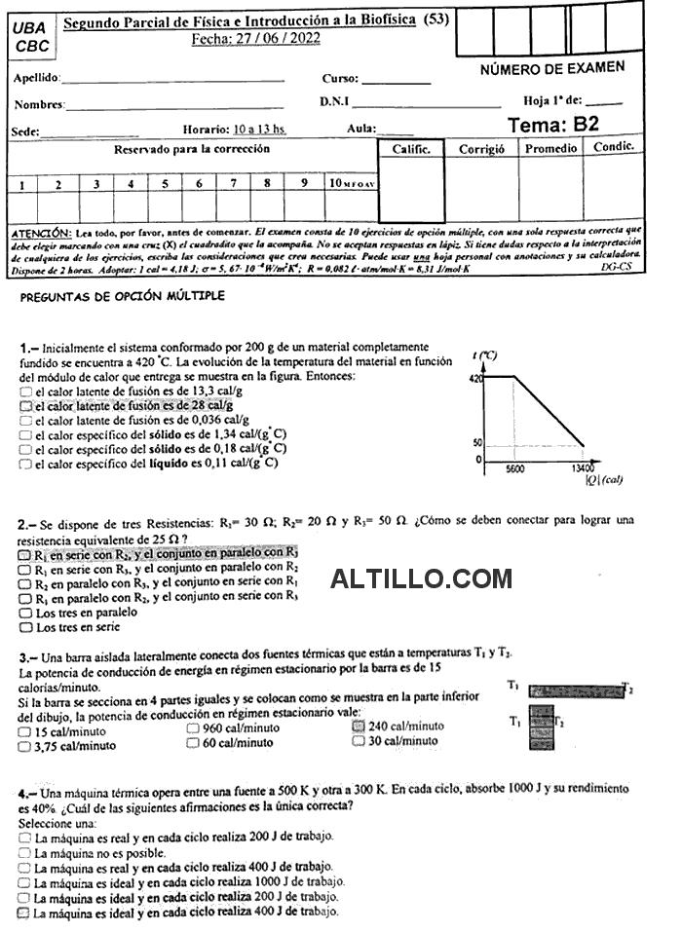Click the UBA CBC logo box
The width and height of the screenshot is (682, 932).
[32, 37]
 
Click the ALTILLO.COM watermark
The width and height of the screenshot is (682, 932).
[421, 578]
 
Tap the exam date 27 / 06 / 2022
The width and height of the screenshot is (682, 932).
[256, 39]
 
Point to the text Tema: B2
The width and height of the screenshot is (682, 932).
[553, 125]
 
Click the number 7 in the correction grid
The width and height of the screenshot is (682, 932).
[233, 183]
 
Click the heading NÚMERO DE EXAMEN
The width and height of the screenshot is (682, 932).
[552, 68]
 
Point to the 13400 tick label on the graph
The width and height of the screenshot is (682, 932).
[584, 467]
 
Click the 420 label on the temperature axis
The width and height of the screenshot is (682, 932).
[476, 378]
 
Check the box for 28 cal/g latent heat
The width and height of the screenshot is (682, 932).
[24, 405]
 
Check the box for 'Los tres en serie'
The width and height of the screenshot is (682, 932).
[24, 628]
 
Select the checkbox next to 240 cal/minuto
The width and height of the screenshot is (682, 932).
[358, 726]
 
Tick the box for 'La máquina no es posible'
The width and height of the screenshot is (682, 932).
[24, 852]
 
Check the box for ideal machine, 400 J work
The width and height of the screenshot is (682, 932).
[24, 913]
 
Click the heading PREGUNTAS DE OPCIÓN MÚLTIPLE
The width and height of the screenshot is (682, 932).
[122, 296]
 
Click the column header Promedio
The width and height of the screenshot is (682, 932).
[550, 149]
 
